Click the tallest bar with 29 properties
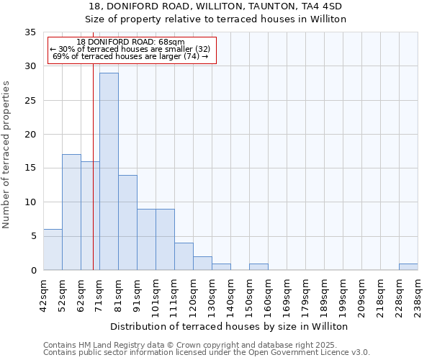(x=109, y=171)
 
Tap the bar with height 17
(x=71, y=212)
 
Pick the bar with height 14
(x=127, y=222)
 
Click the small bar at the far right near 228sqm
(x=408, y=266)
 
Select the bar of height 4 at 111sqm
(x=184, y=256)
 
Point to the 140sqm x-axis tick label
(x=231, y=294)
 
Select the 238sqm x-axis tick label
(x=418, y=294)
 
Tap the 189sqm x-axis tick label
(x=325, y=294)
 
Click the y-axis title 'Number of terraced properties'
(x=7, y=155)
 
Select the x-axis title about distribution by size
(x=230, y=326)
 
